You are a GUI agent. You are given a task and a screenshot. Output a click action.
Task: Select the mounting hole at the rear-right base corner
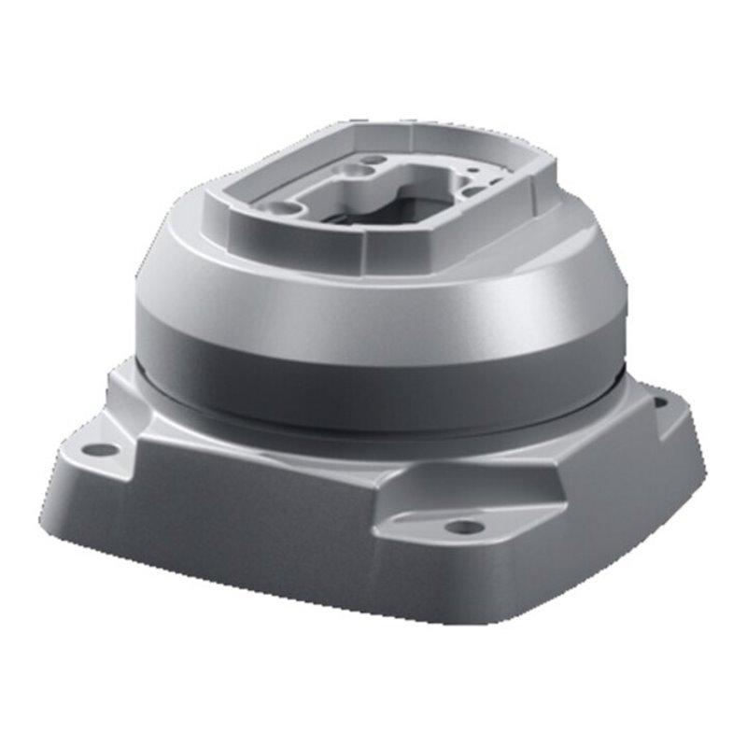point(659,402)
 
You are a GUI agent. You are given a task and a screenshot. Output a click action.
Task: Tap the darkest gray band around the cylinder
point(373,388)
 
